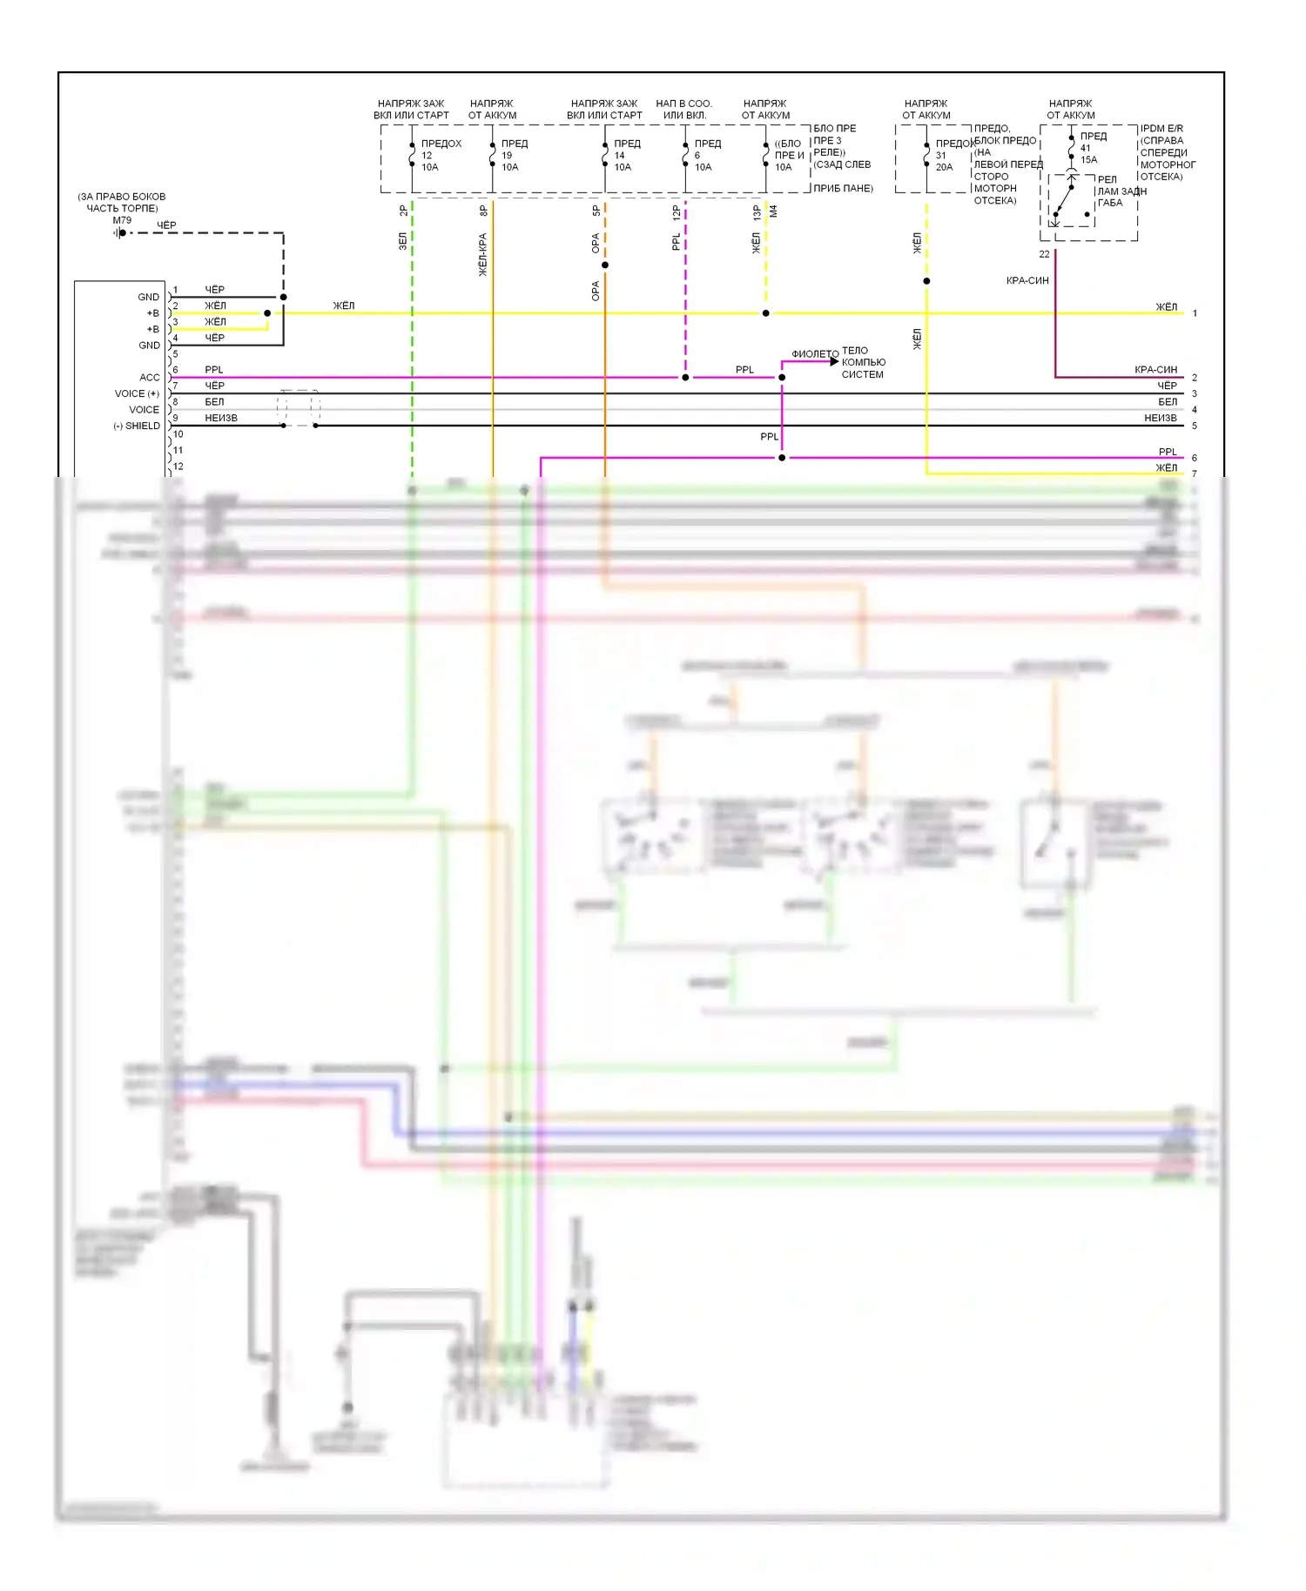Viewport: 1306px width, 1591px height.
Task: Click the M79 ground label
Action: pos(122,220)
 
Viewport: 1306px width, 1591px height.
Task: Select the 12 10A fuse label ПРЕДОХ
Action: pos(441,144)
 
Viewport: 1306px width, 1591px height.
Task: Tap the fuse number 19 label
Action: pos(507,156)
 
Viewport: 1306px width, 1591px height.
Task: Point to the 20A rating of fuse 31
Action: pos(944,167)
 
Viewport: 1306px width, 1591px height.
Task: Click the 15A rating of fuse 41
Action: pos(1088,160)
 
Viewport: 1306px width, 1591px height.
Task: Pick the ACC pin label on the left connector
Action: pos(150,378)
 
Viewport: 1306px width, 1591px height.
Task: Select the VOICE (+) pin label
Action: pos(137,393)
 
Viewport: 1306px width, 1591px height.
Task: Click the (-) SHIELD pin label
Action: pos(137,426)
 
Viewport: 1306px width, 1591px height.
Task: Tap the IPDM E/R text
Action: pos(1161,128)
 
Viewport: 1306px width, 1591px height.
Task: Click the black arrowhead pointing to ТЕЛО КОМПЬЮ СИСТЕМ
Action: pos(834,361)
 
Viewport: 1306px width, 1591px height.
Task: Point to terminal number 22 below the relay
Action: pos(1044,254)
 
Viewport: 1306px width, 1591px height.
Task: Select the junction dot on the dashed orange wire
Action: pos(605,265)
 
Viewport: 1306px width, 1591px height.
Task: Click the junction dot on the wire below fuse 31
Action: pos(926,281)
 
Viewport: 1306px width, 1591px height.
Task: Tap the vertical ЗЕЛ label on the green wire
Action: pos(403,241)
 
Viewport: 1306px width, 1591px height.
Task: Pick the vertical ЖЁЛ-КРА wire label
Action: pos(483,255)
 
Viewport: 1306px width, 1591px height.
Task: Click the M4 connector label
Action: pos(773,211)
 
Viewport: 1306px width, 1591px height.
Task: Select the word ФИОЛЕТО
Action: pos(815,354)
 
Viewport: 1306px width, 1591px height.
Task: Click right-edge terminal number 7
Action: pos(1195,474)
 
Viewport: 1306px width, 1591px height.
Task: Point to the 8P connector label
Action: pos(484,211)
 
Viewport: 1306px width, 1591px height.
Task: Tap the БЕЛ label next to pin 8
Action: pos(214,402)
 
